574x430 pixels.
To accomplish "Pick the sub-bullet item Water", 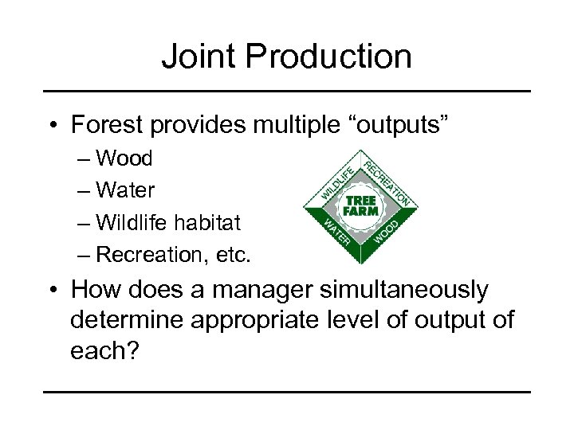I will tap(125, 190).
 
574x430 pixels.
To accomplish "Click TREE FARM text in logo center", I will tap(361, 205).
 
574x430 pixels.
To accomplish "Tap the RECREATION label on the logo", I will tap(388, 178).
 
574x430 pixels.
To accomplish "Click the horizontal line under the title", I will tap(286, 92).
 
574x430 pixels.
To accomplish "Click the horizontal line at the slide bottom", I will tap(286, 392).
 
